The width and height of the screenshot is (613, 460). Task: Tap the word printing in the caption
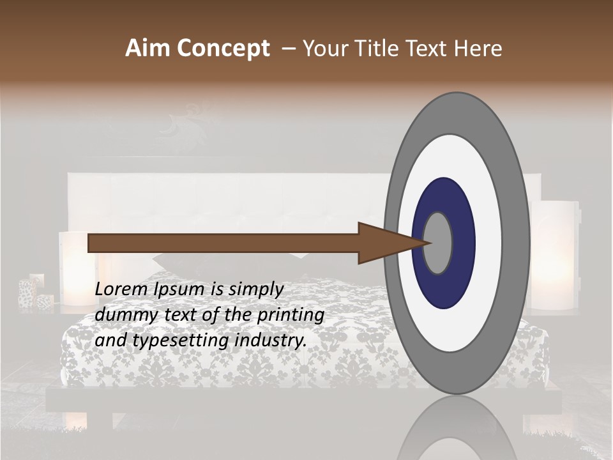pos(290,315)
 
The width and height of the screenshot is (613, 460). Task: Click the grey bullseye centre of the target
pos(437,243)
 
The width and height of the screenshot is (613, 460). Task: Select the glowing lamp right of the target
pos(554,256)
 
